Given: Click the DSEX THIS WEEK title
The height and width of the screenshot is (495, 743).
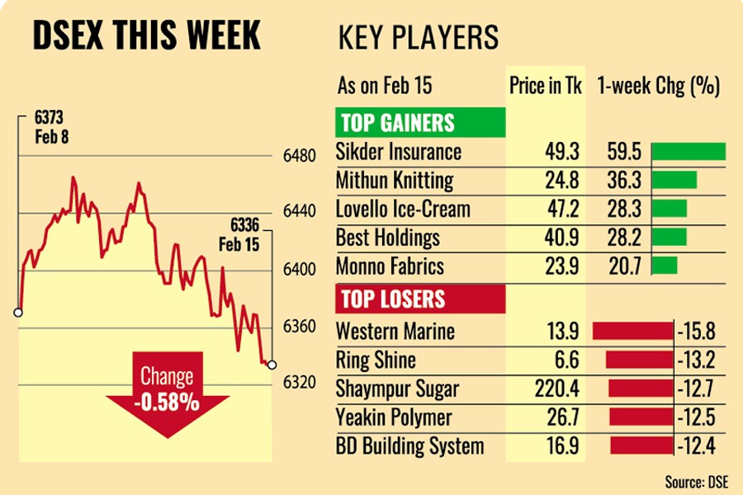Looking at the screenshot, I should tap(145, 35).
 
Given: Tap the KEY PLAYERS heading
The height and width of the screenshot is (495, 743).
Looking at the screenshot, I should tap(419, 37).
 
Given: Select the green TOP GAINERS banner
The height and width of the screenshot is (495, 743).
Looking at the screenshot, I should tap(419, 123).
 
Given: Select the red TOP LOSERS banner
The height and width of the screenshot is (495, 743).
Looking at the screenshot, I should tap(419, 298).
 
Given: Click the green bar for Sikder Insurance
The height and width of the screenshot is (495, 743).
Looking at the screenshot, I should tap(688, 152).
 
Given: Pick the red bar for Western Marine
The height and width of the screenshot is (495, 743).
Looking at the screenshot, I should tap(632, 332).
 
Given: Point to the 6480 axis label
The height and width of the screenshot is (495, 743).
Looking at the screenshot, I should tap(300, 155).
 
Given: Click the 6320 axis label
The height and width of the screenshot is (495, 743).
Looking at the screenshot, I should tap(300, 384).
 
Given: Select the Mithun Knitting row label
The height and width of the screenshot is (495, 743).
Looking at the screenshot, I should tap(395, 180).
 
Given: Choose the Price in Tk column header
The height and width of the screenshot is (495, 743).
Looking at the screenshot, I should tap(544, 86).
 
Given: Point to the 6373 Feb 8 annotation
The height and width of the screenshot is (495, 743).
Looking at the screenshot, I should tap(51, 127).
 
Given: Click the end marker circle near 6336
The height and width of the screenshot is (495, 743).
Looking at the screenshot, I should tap(272, 365).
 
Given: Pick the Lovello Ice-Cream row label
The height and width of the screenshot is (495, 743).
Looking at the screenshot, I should tap(401, 209).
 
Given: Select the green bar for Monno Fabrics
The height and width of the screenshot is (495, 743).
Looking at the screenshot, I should tap(664, 266).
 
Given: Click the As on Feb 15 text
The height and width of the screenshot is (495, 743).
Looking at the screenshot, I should tap(384, 86).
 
